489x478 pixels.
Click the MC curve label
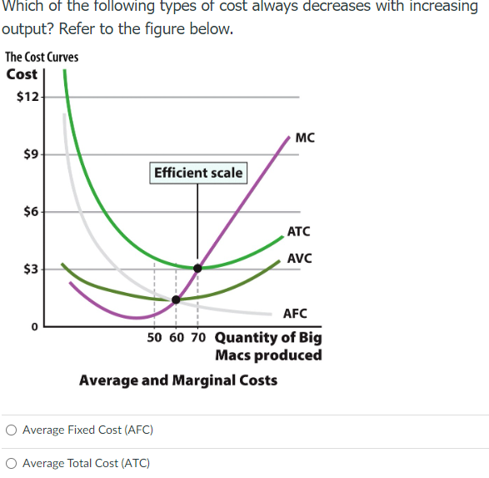tap(305, 138)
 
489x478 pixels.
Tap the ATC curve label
tap(298, 231)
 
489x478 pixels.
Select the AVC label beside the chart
tap(299, 258)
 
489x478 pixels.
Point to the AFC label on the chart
tap(295, 314)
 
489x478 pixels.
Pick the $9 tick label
tap(30, 154)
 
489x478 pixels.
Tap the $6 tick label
tap(30, 212)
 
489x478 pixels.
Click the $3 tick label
tap(30, 269)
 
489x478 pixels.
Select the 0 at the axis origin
tap(35, 327)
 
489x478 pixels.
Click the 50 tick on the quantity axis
tap(155, 338)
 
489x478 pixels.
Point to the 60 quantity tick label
tap(176, 338)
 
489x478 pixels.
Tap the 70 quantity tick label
tap(197, 338)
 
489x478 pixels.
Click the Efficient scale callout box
tap(198, 173)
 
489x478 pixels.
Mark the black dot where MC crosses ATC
tap(197, 269)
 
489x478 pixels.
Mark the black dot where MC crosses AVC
tap(176, 299)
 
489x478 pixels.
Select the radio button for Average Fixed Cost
tap(11, 430)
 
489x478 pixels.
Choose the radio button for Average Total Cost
tap(11, 463)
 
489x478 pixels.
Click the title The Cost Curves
tap(42, 57)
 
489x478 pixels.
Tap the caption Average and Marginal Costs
tap(178, 380)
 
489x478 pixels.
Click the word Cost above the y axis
tap(22, 74)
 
